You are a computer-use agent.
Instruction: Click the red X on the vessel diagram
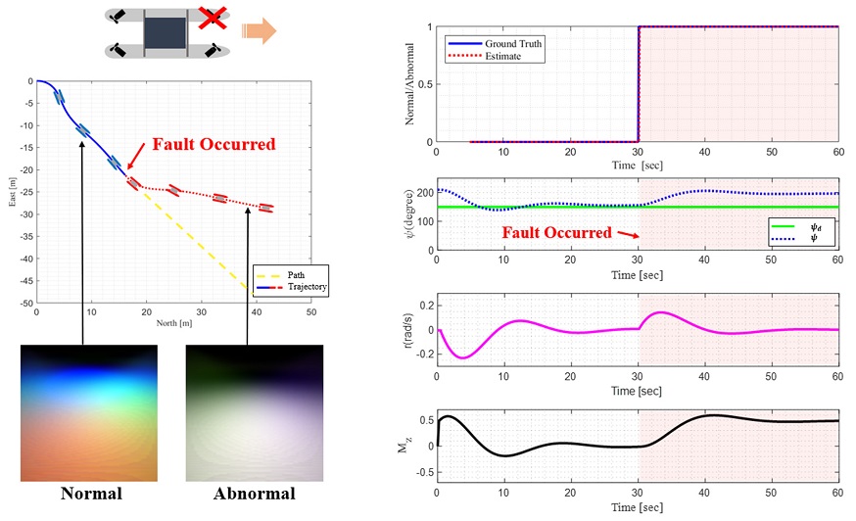[x=213, y=18]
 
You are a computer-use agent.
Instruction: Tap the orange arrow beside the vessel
[x=260, y=30]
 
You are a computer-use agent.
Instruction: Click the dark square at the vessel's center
[x=165, y=32]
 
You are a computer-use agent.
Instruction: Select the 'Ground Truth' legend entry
[x=495, y=44]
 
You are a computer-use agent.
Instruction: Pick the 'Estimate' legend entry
[x=484, y=56]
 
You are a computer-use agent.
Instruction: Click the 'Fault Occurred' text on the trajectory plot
[x=214, y=144]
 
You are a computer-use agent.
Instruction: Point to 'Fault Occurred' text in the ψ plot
[x=557, y=233]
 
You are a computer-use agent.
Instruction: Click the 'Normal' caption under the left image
[x=91, y=494]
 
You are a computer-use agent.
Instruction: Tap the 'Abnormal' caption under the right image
[x=255, y=494]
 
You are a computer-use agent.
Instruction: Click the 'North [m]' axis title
[x=174, y=323]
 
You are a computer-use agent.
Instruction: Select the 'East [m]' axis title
[x=12, y=192]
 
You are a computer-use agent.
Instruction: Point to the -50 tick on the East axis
[x=26, y=303]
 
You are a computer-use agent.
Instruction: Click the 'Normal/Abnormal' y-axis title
[x=409, y=84]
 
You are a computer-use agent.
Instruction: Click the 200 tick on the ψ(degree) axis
[x=425, y=193]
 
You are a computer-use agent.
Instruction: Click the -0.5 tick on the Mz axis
[x=424, y=472]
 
